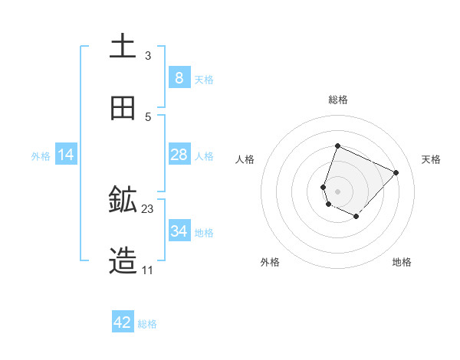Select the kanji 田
pyautogui.click(x=123, y=108)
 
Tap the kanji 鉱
pyautogui.click(x=123, y=200)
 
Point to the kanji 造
pyautogui.click(x=123, y=261)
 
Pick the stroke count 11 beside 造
pyautogui.click(x=148, y=270)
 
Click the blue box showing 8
pyautogui.click(x=179, y=78)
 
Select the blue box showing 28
pyautogui.click(x=179, y=155)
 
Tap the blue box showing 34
pyautogui.click(x=179, y=231)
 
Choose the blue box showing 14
pyautogui.click(x=66, y=155)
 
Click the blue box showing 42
pyautogui.click(x=123, y=322)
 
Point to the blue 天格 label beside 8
pyautogui.click(x=204, y=80)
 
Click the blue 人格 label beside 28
pyautogui.click(x=204, y=156)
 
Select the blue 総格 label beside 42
pyautogui.click(x=147, y=324)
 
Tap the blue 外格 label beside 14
pyautogui.click(x=41, y=156)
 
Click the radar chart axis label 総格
pyautogui.click(x=338, y=100)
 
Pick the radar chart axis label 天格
pyautogui.click(x=431, y=159)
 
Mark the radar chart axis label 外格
pyautogui.click(x=270, y=262)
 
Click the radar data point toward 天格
pyautogui.click(x=396, y=172)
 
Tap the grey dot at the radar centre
pyautogui.click(x=338, y=191)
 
